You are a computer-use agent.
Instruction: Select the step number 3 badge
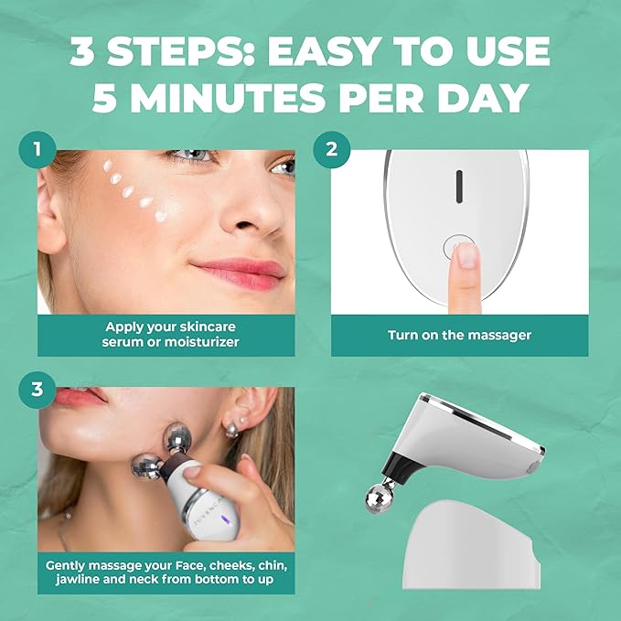37,388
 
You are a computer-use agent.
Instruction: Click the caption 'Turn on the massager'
459,335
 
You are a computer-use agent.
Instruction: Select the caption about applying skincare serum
166,334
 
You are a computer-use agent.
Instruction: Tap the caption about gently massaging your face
166,572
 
